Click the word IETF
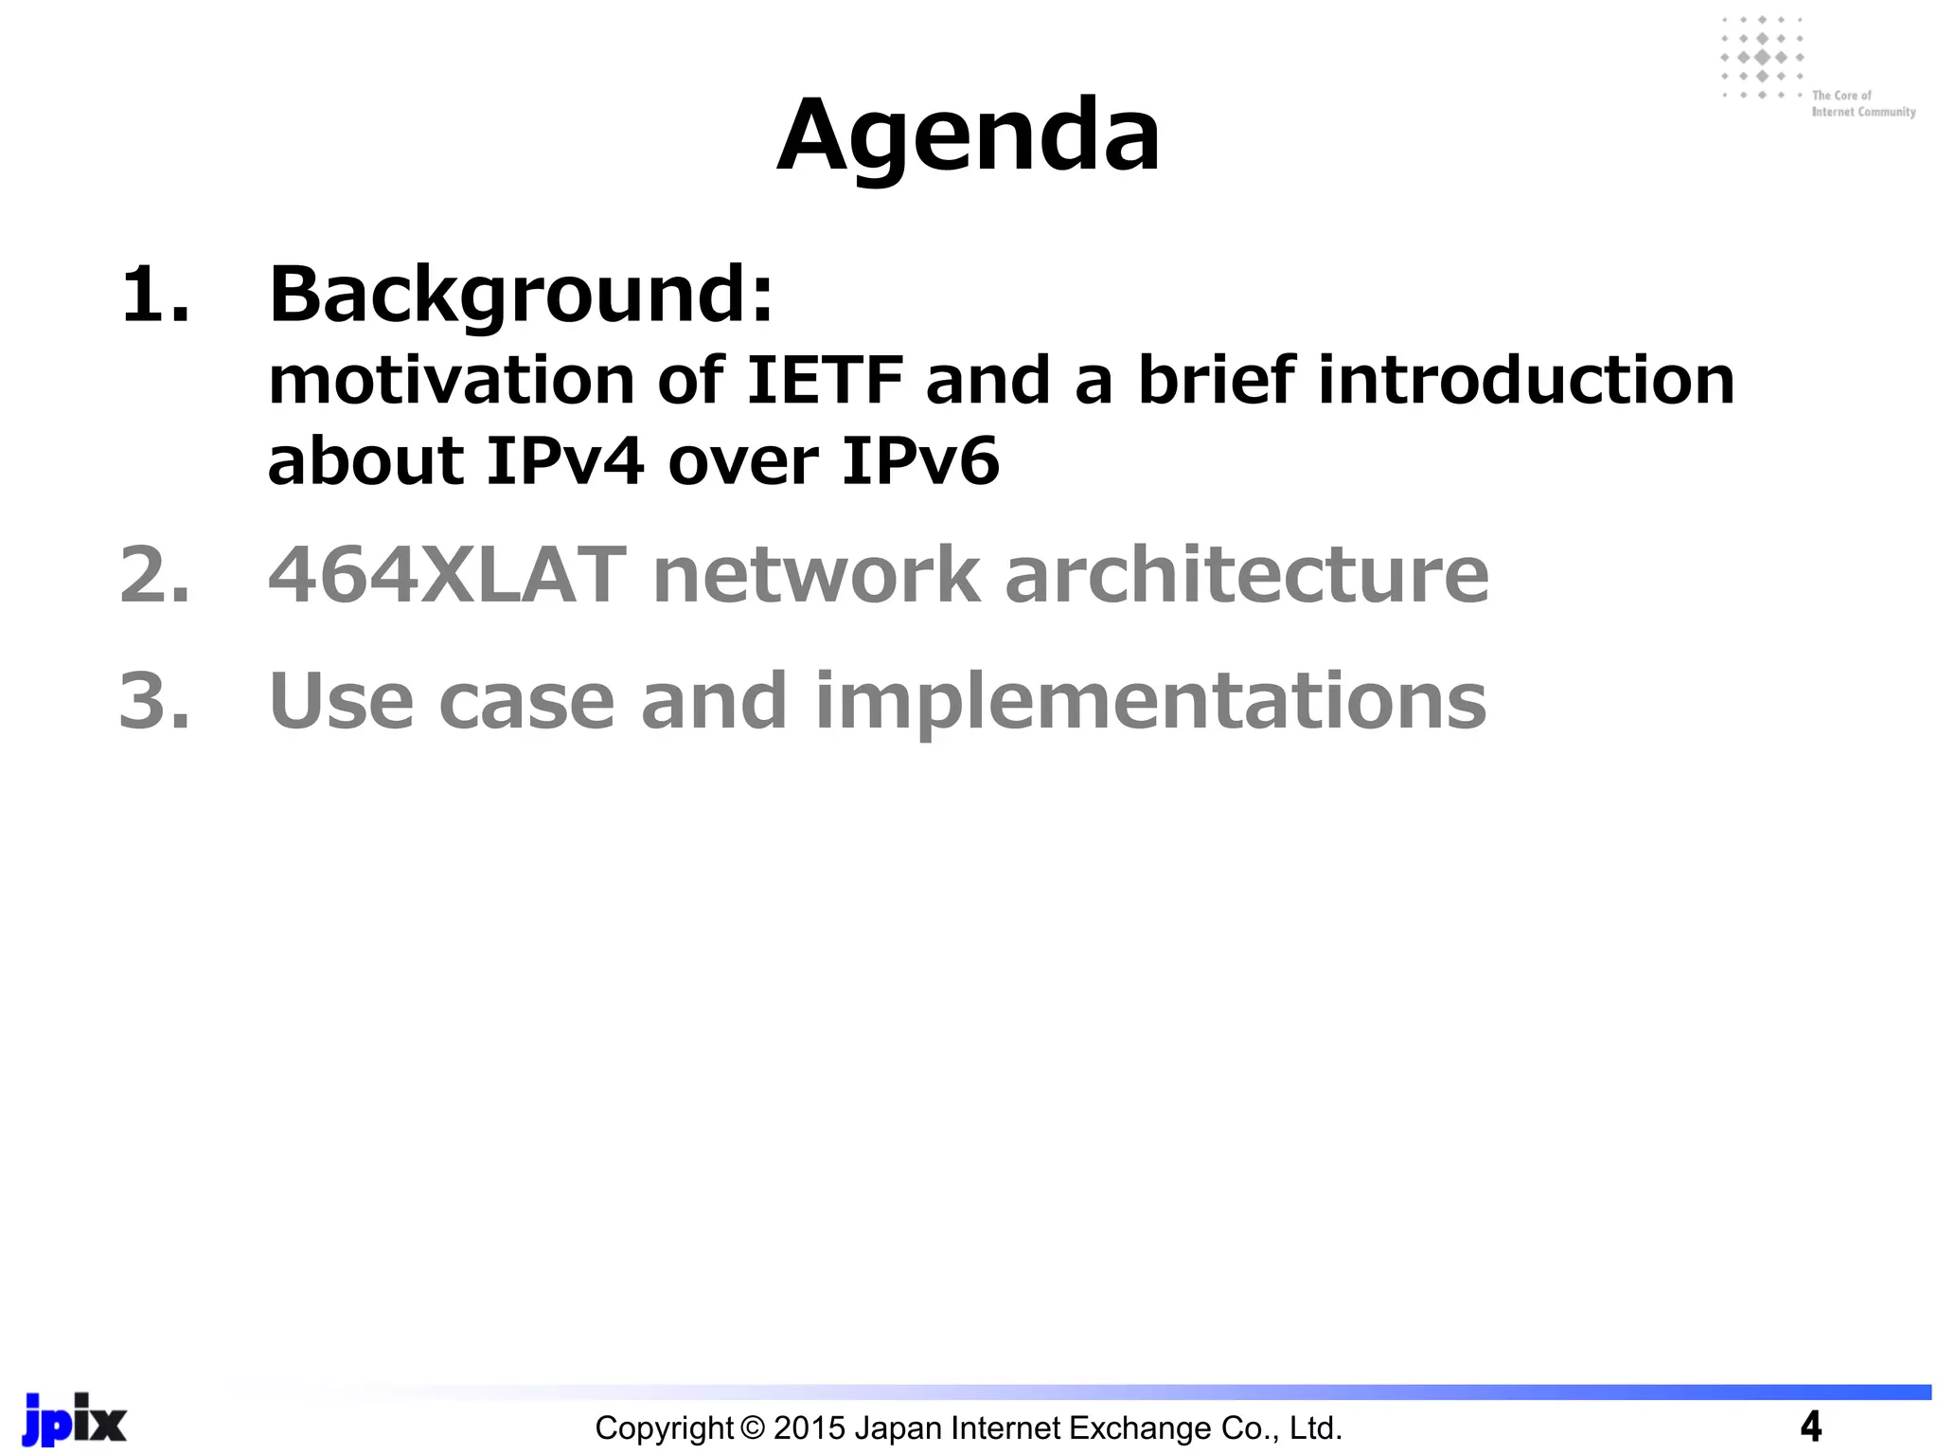pos(825,381)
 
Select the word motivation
pos(451,381)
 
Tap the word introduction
pos(1526,381)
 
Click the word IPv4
pos(565,461)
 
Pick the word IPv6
pos(919,461)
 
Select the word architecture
pos(1247,575)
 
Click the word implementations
pos(1150,703)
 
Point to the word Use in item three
pos(342,701)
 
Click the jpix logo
pos(74,1419)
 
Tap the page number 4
pos(1810,1427)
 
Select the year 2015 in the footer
pos(809,1428)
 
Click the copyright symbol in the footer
pos(753,1428)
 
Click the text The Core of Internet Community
pos(1862,103)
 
